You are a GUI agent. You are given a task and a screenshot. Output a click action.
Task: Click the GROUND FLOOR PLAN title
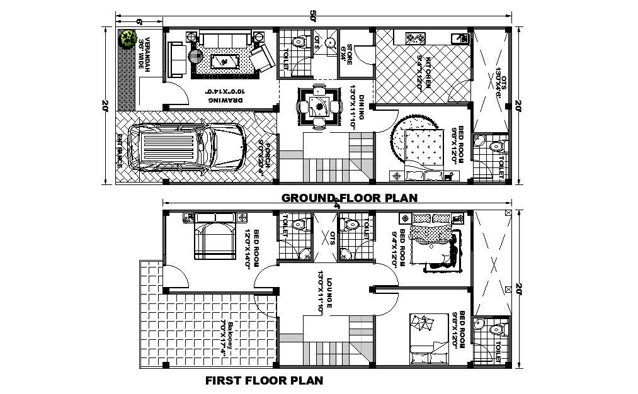tap(349, 198)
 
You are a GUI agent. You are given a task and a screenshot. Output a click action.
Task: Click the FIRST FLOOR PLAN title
tap(265, 380)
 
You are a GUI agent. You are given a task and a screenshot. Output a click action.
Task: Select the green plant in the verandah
tap(130, 39)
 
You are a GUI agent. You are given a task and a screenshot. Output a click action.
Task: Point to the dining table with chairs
tap(319, 106)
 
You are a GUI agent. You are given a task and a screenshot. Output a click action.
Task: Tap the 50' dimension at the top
tap(313, 17)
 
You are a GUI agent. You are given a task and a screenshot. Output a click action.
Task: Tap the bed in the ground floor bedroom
tap(424, 149)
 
